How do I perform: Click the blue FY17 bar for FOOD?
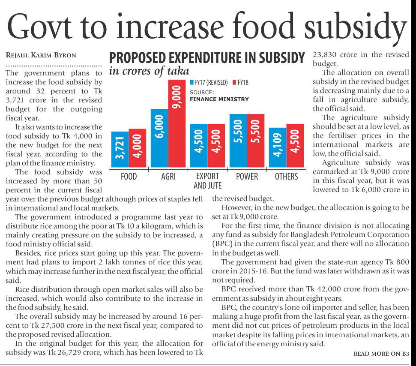pyautogui.click(x=120, y=150)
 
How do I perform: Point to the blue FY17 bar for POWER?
pyautogui.click(x=238, y=141)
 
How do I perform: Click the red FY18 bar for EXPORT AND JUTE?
pyautogui.click(x=216, y=146)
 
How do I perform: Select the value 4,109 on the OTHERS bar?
pyautogui.click(x=278, y=147)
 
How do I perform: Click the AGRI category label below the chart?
pyautogui.click(x=168, y=176)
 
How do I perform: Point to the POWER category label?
pyautogui.click(x=247, y=176)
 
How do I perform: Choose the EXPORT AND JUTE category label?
pyautogui.click(x=207, y=180)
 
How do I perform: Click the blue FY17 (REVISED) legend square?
pyautogui.click(x=192, y=82)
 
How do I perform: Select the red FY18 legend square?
pyautogui.click(x=234, y=82)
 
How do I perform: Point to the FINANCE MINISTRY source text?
pyautogui.click(x=219, y=99)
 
